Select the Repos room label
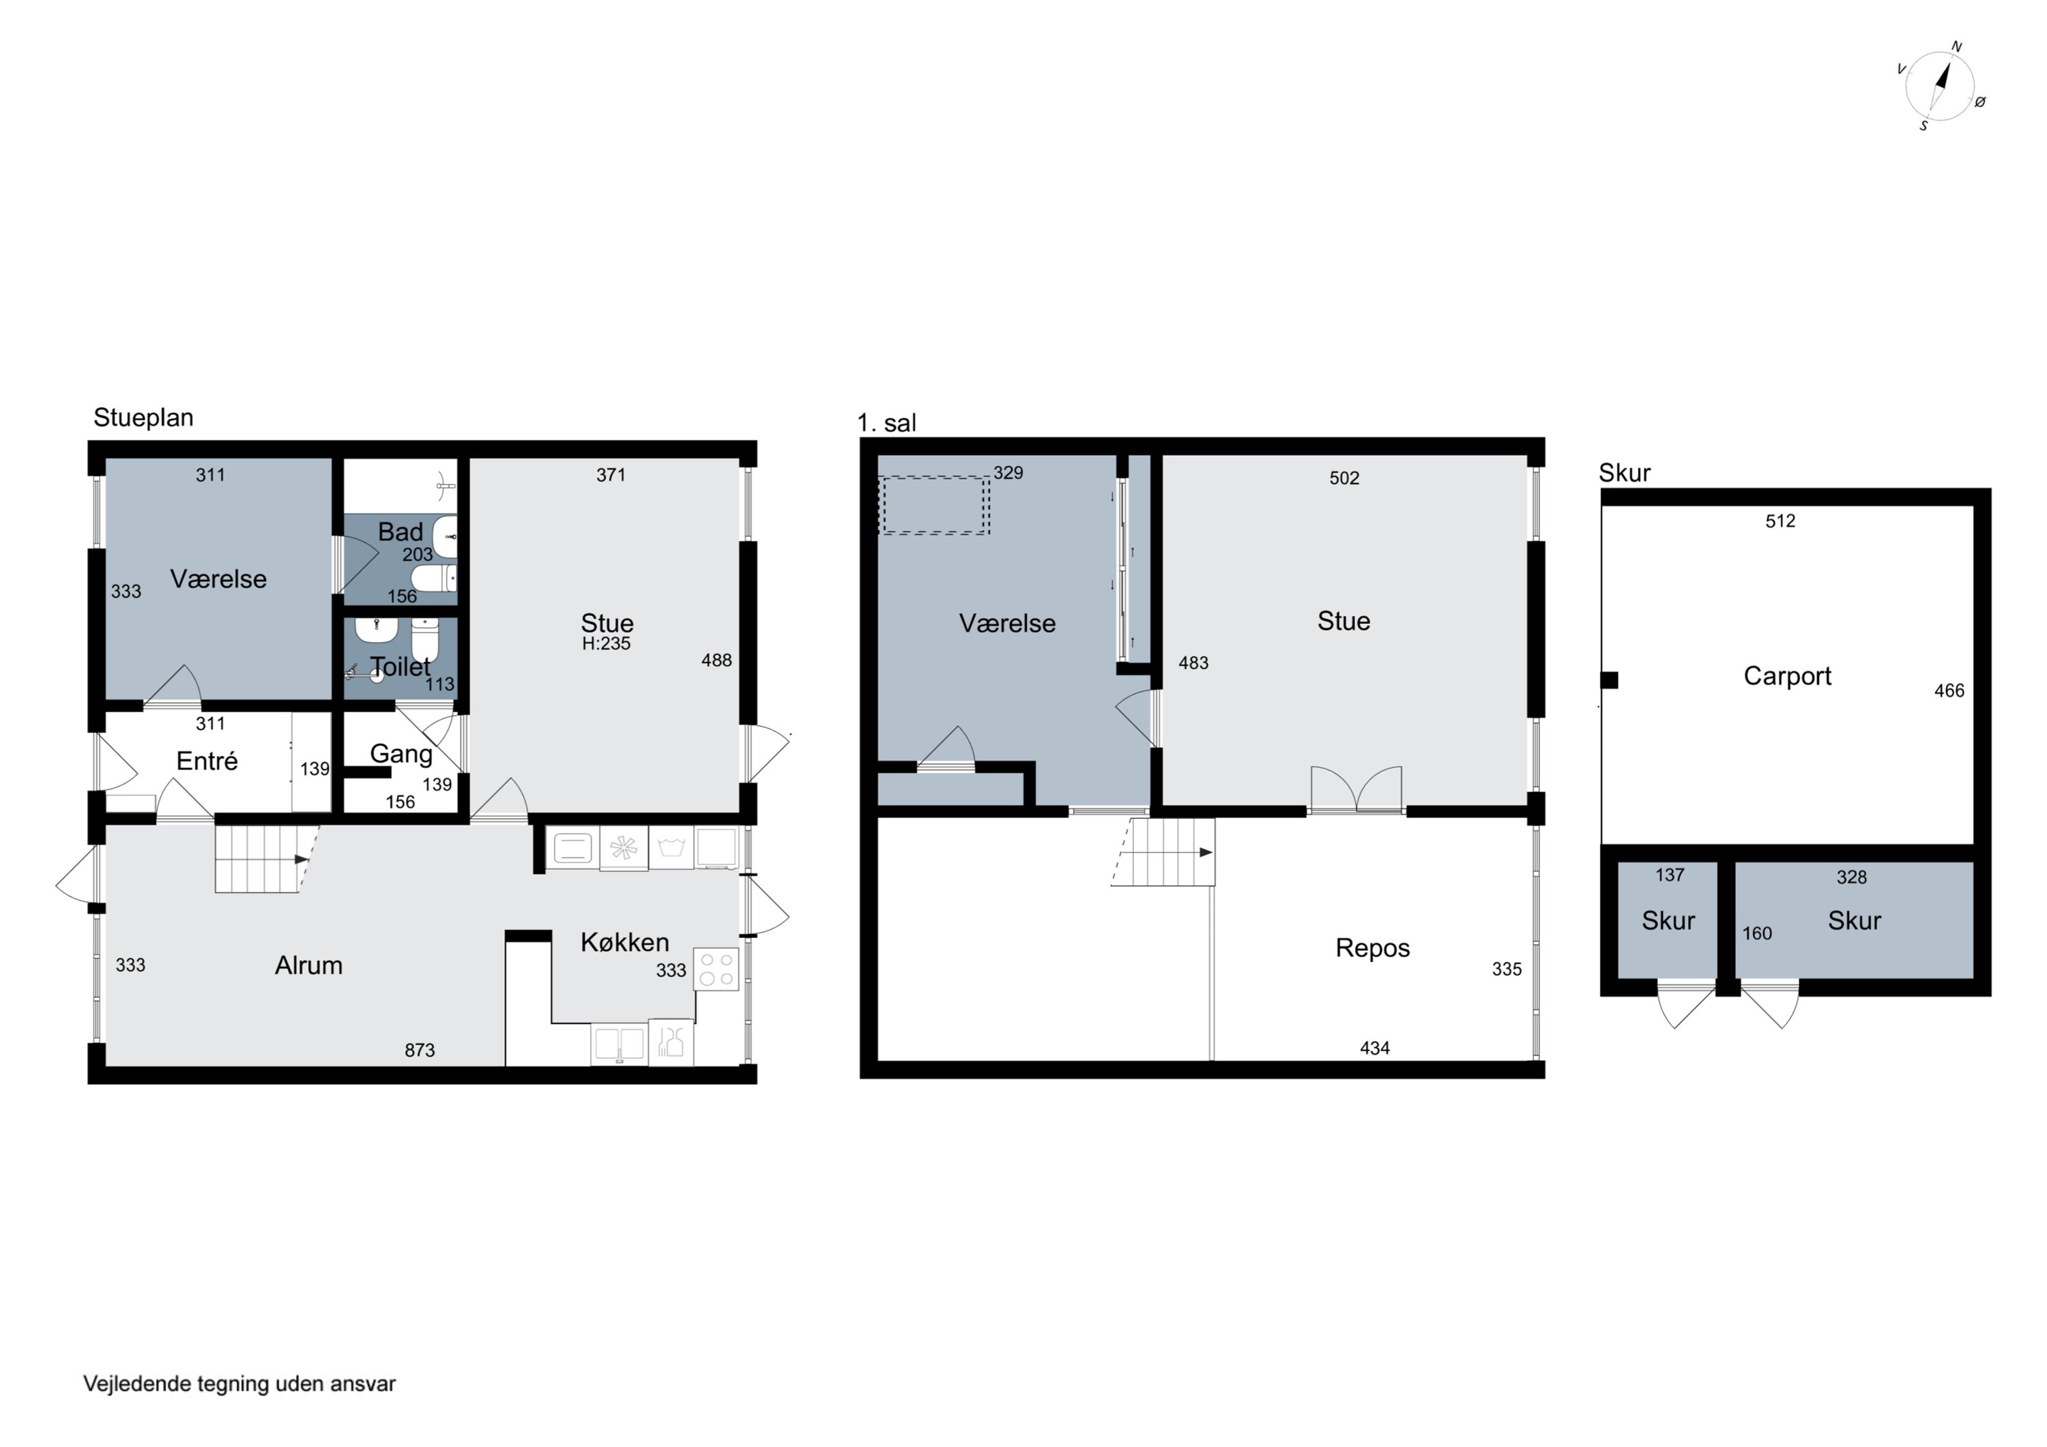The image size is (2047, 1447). pos(1372,948)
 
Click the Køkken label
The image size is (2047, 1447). pos(624,942)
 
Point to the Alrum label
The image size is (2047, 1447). pos(308,965)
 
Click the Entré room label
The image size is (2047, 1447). pos(207,761)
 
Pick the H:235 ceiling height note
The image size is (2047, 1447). pos(607,644)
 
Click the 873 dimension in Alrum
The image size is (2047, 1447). pos(419,1050)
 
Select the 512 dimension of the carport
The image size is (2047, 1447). pos(1780,521)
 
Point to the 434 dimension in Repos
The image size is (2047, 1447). pos(1374,1048)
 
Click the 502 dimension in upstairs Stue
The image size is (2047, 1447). pos(1344,478)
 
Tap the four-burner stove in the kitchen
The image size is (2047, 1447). pos(716,969)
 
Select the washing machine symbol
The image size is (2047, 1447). pos(671,847)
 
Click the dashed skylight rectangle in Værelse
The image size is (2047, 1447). pos(934,506)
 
